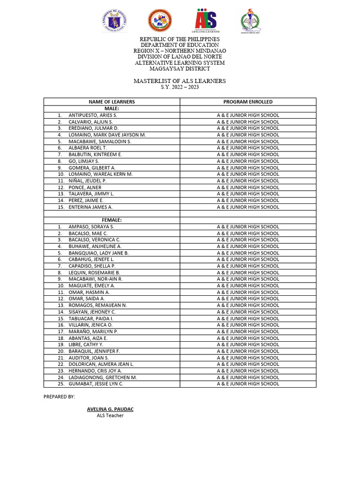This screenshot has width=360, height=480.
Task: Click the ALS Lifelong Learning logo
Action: click(x=206, y=21)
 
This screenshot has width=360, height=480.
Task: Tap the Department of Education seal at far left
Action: click(x=114, y=21)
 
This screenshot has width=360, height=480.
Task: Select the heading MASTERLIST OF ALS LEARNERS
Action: click(x=180, y=81)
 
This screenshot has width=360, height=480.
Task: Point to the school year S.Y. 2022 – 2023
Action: click(x=180, y=88)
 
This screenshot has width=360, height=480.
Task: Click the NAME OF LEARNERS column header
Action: click(x=112, y=102)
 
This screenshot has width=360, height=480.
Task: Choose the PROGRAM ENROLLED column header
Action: click(x=248, y=102)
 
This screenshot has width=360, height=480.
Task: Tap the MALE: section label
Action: click(x=112, y=108)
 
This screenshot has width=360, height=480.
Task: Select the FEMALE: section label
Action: click(x=112, y=220)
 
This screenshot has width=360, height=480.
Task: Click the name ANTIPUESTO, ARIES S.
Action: click(x=93, y=115)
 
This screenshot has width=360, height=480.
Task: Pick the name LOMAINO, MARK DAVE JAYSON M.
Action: click(x=107, y=135)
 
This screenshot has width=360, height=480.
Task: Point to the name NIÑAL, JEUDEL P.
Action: click(x=88, y=180)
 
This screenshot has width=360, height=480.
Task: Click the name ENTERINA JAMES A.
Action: click(x=90, y=207)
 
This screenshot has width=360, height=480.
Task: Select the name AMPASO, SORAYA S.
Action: click(x=91, y=226)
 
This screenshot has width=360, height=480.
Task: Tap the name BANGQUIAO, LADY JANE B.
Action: click(x=98, y=253)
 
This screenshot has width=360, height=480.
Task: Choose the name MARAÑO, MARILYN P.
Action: click(x=93, y=331)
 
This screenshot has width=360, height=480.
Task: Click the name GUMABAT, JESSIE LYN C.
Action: click(x=96, y=384)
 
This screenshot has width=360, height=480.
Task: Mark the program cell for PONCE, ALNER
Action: click(x=248, y=187)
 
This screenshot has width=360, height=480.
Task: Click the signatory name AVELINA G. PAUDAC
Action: click(x=110, y=409)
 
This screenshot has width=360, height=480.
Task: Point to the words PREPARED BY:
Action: click(x=59, y=397)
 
